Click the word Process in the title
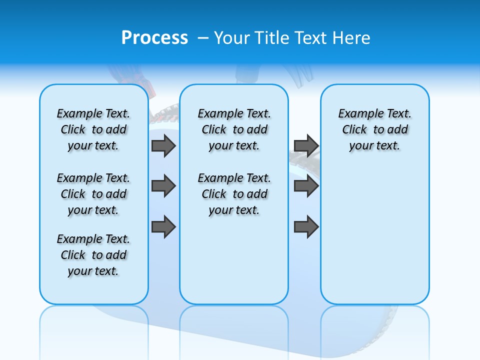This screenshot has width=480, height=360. coord(154,37)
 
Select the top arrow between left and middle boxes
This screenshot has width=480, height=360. coord(163,145)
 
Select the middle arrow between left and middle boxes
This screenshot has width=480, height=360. coord(163,186)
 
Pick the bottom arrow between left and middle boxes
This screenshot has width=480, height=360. coord(163,227)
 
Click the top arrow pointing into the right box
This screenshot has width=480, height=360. coord(306,145)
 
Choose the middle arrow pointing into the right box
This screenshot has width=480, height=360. coord(306,186)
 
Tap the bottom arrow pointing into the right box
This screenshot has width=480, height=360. coord(306,227)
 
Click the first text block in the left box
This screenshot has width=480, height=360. coord(93,129)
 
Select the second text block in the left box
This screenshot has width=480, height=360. coord(93,194)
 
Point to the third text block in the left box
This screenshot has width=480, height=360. coord(93,255)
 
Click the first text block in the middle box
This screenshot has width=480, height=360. coord(234,129)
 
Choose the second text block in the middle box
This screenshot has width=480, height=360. coord(234,194)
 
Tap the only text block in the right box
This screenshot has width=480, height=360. coord(374,129)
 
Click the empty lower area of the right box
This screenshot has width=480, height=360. coord(374,240)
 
